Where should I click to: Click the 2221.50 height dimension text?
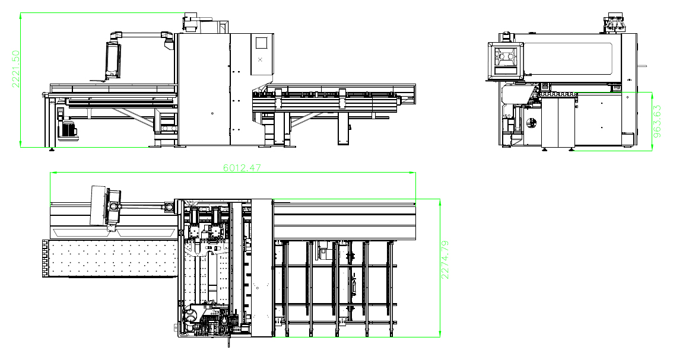(15, 69)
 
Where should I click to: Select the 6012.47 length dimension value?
(242, 168)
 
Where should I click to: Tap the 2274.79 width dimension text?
(445, 260)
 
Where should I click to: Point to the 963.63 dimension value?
(657, 122)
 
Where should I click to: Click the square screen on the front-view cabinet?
(261, 43)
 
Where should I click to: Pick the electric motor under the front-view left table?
(67, 129)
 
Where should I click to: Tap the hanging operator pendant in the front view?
(112, 59)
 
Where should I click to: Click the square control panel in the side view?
(506, 60)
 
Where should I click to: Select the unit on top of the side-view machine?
(615, 23)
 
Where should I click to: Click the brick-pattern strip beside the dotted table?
(45, 259)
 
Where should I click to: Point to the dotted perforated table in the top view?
(112, 259)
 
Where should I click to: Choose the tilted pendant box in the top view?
(98, 205)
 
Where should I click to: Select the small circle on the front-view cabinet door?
(212, 113)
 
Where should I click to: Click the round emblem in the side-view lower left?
(532, 123)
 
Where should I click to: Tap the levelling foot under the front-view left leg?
(52, 149)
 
